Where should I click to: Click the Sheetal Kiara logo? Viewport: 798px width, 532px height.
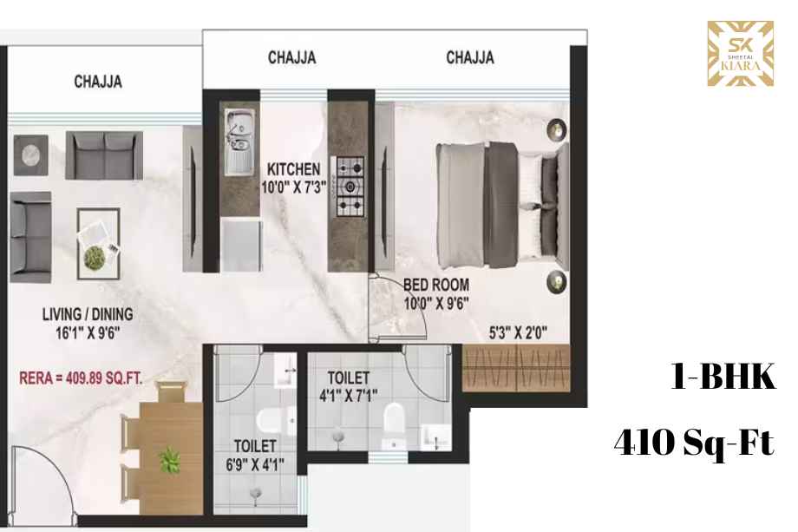tap(741, 54)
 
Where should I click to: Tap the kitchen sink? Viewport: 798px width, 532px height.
tap(239, 142)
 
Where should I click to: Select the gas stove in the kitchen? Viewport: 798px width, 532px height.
tap(350, 187)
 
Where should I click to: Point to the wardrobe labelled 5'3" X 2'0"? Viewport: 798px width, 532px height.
tap(516, 368)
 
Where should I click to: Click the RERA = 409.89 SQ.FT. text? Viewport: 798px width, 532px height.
tap(81, 378)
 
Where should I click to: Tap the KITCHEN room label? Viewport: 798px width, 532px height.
tap(294, 169)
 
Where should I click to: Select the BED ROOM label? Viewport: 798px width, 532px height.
tap(436, 285)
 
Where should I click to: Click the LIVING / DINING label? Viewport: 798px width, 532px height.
tap(88, 314)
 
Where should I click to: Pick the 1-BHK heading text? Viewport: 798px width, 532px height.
tap(723, 377)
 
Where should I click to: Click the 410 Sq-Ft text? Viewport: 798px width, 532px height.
tap(694, 443)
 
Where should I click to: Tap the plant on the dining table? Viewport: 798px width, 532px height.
tap(169, 461)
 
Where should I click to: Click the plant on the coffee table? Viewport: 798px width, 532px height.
tap(95, 256)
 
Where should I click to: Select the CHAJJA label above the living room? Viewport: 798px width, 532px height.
tap(98, 82)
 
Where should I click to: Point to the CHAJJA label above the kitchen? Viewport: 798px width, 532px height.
tap(292, 57)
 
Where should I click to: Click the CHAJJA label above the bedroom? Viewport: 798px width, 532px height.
tap(470, 57)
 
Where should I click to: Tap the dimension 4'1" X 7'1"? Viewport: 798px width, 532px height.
tap(349, 395)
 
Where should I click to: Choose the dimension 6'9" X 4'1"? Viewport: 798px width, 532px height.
tap(255, 464)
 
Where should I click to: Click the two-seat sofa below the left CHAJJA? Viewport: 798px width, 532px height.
tap(104, 155)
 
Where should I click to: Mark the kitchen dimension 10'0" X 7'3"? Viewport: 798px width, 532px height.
tap(294, 187)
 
